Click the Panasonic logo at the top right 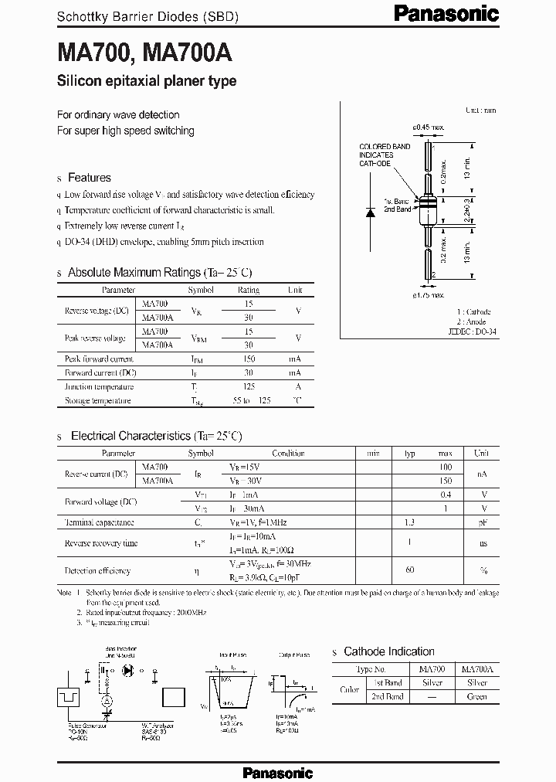pyautogui.click(x=457, y=12)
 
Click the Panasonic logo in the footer pyautogui.click(x=277, y=772)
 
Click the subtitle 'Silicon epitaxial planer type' pyautogui.click(x=146, y=81)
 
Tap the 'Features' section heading pyautogui.click(x=89, y=178)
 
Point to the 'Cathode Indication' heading pyautogui.click(x=388, y=651)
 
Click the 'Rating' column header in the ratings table pyautogui.click(x=249, y=291)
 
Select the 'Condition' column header pyautogui.click(x=288, y=454)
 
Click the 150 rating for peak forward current pyautogui.click(x=249, y=359)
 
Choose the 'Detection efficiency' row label pyautogui.click(x=97, y=570)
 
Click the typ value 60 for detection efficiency pyautogui.click(x=410, y=570)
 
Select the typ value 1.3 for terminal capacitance pyautogui.click(x=410, y=522)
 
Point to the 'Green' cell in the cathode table pyautogui.click(x=477, y=696)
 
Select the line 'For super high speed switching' pyautogui.click(x=125, y=131)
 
